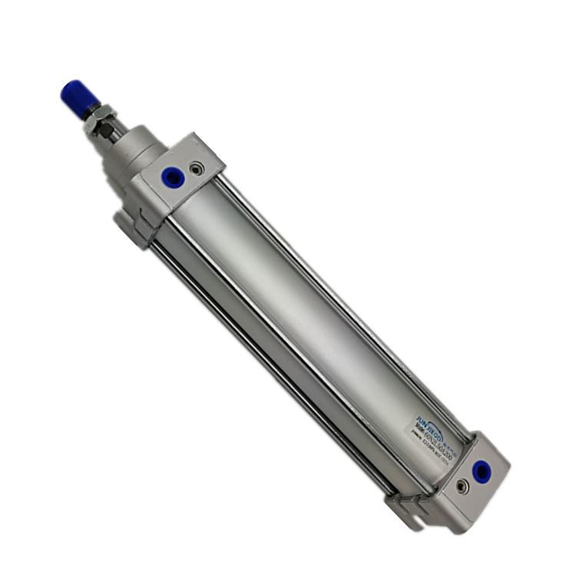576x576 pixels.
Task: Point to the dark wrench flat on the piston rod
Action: click(x=114, y=132)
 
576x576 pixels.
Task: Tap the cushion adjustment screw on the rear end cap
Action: click(x=461, y=485)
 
